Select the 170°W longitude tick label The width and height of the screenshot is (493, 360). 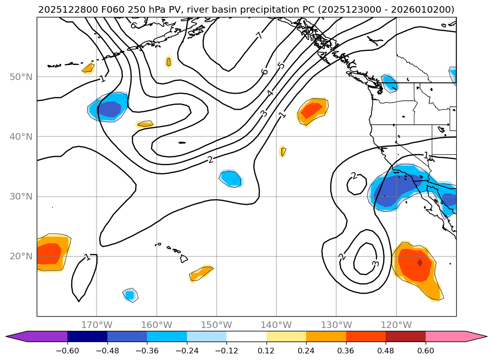pyautogui.click(x=97, y=325)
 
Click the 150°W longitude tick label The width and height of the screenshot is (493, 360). pyautogui.click(x=217, y=325)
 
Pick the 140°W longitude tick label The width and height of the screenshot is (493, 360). pyautogui.click(x=276, y=325)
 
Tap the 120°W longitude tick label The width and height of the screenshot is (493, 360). pyautogui.click(x=396, y=325)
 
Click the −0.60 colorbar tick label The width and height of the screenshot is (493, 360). pyautogui.click(x=67, y=351)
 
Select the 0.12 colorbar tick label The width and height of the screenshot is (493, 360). pyautogui.click(x=267, y=351)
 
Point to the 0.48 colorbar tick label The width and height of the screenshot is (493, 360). pyautogui.click(x=386, y=351)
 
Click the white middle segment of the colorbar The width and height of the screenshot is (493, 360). pyautogui.click(x=246, y=336)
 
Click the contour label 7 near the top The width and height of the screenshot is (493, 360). pyautogui.click(x=259, y=36)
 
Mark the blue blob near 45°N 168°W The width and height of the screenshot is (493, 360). pyautogui.click(x=108, y=108)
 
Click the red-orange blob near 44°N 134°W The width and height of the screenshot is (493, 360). pyautogui.click(x=312, y=111)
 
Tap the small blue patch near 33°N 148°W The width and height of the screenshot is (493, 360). pyautogui.click(x=231, y=178)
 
